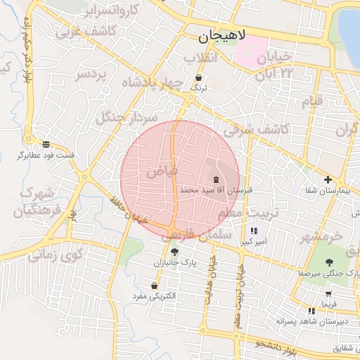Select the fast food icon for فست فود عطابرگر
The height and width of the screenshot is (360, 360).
pyautogui.click(x=46, y=143)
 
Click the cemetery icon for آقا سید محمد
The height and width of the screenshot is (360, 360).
pyautogui.click(x=215, y=179)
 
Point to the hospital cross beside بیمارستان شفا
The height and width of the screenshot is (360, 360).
pyautogui.click(x=328, y=179)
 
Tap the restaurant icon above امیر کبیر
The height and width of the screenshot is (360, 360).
pyautogui.click(x=253, y=231)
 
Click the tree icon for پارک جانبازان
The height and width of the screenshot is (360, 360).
pyautogui.click(x=174, y=251)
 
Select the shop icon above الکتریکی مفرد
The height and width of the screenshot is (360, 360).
pyautogui.click(x=153, y=285)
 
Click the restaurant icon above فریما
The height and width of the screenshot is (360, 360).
pyautogui.click(x=311, y=310)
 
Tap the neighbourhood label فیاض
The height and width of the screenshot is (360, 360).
pyautogui.click(x=162, y=171)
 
